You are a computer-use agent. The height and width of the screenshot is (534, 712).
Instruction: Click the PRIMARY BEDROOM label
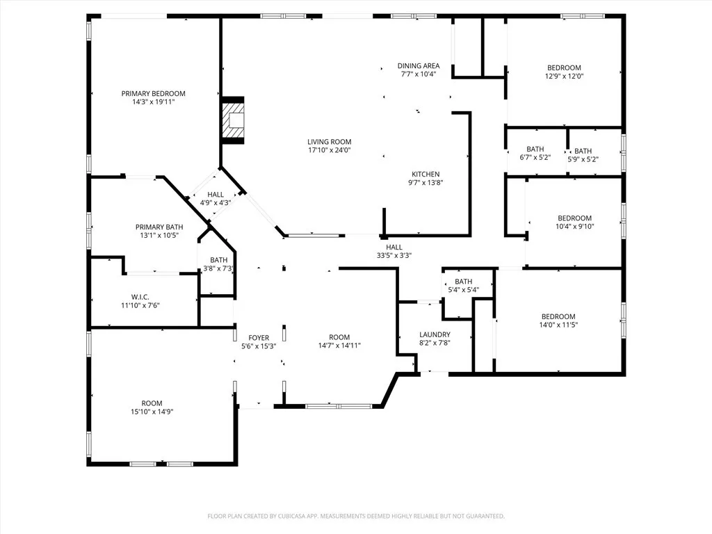[153, 94]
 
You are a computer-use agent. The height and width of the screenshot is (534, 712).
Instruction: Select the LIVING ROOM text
[329, 142]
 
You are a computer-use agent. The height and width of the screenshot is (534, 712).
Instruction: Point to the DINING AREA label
[418, 66]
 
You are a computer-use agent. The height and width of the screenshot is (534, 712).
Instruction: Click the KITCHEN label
[426, 175]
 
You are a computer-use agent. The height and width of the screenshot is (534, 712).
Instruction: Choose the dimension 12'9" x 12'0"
[563, 76]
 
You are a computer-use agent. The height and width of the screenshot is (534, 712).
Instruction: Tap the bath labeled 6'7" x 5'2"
[535, 158]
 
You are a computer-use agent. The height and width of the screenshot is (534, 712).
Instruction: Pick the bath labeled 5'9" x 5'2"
[583, 159]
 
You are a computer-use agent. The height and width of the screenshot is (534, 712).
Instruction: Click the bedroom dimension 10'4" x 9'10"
[574, 226]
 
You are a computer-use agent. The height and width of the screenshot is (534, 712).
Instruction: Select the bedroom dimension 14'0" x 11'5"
[558, 325]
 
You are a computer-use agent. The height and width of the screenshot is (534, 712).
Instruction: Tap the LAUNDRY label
[435, 334]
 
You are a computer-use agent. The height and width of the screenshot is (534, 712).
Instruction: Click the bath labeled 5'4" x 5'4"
[463, 289]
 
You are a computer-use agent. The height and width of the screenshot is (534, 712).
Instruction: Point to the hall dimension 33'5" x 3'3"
[394, 255]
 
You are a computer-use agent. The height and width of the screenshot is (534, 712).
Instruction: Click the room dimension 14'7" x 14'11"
[339, 346]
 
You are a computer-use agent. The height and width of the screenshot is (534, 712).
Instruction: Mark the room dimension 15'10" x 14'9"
[152, 412]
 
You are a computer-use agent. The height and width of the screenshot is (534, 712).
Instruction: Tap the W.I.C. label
[141, 297]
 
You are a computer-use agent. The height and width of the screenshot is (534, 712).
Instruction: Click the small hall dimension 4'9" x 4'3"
[216, 203]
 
